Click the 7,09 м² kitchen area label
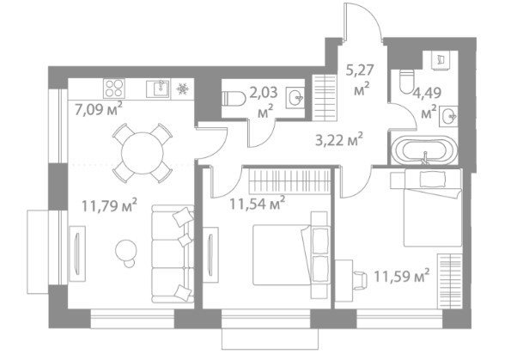pos(99,109)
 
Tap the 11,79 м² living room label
pos(110,205)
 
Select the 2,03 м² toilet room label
pos(264,102)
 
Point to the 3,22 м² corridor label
pos(339,140)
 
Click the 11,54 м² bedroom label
pos(257,203)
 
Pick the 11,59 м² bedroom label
pos(401,276)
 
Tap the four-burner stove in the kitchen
pos(114,88)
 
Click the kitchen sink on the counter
pos(158,88)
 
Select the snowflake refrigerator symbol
pos(183,88)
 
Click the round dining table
pos(143,154)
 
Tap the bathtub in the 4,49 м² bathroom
pos(424,151)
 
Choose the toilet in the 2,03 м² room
pos(234,98)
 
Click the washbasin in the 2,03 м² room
pos(295,98)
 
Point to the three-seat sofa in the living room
pos(173,254)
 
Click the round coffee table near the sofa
pos(126,250)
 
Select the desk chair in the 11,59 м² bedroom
pos(359,280)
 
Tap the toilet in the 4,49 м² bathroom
pos(406,82)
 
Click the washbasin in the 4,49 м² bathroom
pos(449,116)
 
